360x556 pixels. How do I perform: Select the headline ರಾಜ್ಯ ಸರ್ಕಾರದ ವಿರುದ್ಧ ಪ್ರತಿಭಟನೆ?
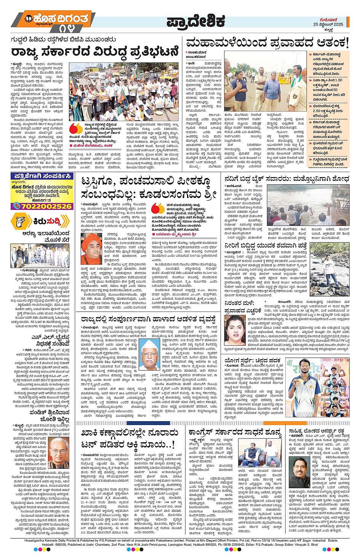[x=94, y=51]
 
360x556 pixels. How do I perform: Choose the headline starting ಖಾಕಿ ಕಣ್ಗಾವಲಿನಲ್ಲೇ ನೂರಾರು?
[x=130, y=438]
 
